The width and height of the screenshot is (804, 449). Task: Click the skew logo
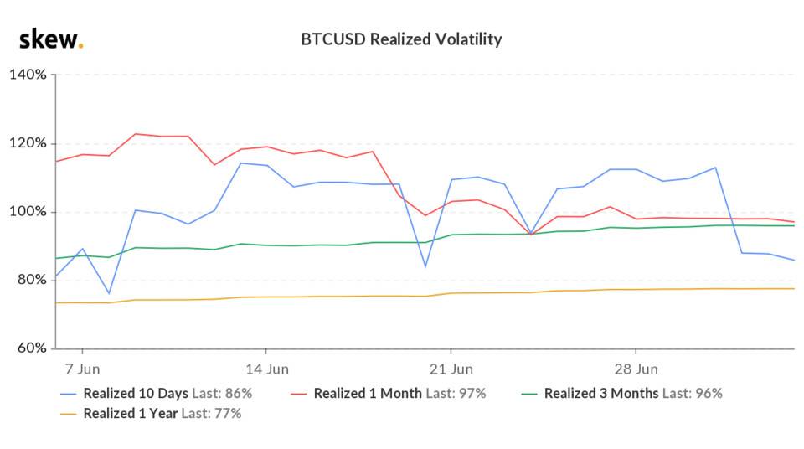pyautogui.click(x=50, y=39)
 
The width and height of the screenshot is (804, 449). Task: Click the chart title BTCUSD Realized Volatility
pyautogui.click(x=401, y=39)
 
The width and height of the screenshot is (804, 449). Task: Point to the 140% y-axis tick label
pyautogui.click(x=28, y=75)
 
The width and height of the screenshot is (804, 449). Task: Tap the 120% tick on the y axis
pyautogui.click(x=28, y=143)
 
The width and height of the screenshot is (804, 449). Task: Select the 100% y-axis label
pyautogui.click(x=28, y=212)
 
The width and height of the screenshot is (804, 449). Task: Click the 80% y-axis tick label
pyautogui.click(x=30, y=280)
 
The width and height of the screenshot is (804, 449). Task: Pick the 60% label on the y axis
pyautogui.click(x=30, y=348)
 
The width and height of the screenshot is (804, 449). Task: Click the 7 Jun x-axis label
pyautogui.click(x=82, y=369)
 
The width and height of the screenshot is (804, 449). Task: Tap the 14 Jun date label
pyautogui.click(x=266, y=369)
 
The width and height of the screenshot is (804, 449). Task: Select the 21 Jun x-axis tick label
pyautogui.click(x=451, y=369)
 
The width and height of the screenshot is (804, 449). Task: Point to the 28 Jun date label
pyautogui.click(x=636, y=369)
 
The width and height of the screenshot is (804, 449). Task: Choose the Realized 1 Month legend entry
pyautogui.click(x=399, y=393)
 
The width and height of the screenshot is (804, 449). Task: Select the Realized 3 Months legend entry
pyautogui.click(x=632, y=393)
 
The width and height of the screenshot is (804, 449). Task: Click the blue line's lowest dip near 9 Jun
pyautogui.click(x=109, y=294)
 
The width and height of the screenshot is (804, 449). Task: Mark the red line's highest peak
pyautogui.click(x=136, y=134)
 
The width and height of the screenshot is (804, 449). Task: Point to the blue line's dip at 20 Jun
pyautogui.click(x=425, y=267)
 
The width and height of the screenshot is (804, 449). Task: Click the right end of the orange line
pyautogui.click(x=793, y=289)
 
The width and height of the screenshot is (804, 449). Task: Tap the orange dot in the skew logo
pyautogui.click(x=80, y=46)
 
